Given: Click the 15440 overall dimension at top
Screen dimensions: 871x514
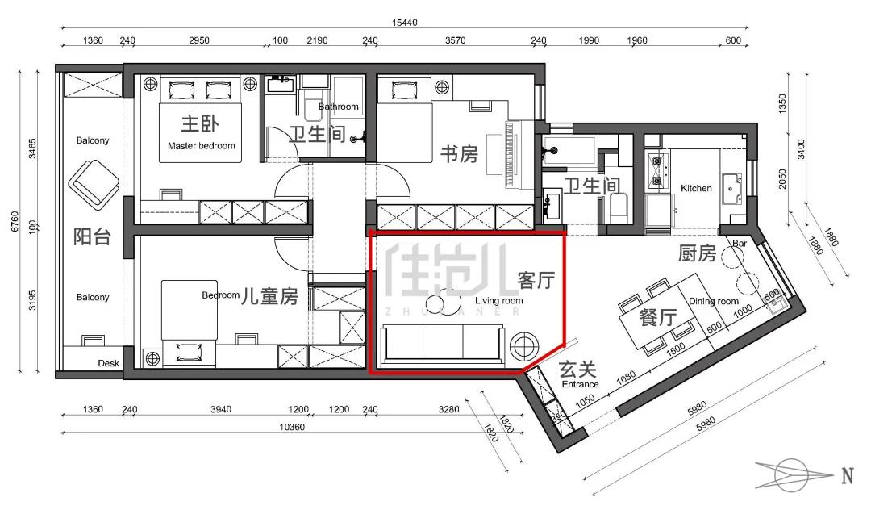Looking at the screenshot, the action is pyautogui.click(x=404, y=23).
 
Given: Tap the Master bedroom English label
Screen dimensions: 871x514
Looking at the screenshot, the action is pyautogui.click(x=201, y=145).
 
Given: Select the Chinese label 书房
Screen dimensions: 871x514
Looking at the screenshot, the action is pyautogui.click(x=460, y=154).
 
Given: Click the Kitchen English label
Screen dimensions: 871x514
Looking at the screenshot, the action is pyautogui.click(x=696, y=188).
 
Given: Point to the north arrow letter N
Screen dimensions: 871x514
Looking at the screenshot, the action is pyautogui.click(x=847, y=476).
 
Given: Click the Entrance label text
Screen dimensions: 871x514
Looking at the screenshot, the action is pyautogui.click(x=580, y=384).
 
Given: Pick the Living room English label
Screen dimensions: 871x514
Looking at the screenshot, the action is pyautogui.click(x=499, y=301).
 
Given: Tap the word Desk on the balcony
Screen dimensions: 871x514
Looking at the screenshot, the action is pyautogui.click(x=108, y=363).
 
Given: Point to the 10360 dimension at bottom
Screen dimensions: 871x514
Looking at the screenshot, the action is pyautogui.click(x=292, y=427).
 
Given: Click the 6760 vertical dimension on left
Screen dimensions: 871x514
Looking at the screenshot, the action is pyautogui.click(x=15, y=222).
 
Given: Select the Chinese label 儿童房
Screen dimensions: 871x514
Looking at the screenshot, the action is pyautogui.click(x=269, y=296).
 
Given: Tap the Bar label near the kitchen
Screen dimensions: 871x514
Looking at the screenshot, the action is pyautogui.click(x=740, y=244).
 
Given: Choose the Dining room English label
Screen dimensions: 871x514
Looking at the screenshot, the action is pyautogui.click(x=713, y=301).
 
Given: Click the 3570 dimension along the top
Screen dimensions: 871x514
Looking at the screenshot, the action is pyautogui.click(x=455, y=40).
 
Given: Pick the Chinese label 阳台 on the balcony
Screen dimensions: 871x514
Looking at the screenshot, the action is pyautogui.click(x=92, y=237).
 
